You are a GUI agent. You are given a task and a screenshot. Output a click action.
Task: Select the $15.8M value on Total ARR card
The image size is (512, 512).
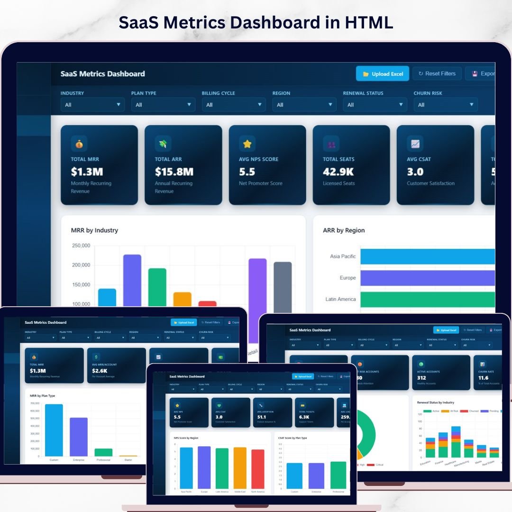[174, 172]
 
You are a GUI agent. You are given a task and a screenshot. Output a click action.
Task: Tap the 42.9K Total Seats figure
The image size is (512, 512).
[338, 172]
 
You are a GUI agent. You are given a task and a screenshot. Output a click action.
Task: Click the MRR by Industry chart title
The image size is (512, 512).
[94, 230]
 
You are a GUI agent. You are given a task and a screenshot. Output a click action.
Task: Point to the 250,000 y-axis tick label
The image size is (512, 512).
[81, 246]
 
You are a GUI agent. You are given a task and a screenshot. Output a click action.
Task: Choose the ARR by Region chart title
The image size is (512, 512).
[344, 230]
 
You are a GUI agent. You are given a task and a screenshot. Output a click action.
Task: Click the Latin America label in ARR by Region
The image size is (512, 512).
[340, 299]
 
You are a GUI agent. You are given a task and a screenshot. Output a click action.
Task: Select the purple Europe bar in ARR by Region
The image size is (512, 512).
[427, 278]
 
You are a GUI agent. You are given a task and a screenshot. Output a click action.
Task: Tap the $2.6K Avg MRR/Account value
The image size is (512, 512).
[100, 371]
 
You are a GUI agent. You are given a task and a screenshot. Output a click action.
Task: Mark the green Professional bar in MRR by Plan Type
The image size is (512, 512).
[103, 452]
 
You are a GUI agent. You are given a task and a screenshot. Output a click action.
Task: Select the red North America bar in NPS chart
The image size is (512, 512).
[258, 469]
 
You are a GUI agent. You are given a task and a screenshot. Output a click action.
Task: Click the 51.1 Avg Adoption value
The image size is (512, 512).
[262, 417]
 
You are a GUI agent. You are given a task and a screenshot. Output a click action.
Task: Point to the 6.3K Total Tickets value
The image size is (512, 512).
[304, 417]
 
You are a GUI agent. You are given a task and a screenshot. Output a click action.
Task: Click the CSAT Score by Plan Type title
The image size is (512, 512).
[293, 438]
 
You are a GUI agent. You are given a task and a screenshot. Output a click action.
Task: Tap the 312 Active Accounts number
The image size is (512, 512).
[421, 378]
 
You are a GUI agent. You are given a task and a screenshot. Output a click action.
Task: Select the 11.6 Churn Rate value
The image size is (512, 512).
[484, 378]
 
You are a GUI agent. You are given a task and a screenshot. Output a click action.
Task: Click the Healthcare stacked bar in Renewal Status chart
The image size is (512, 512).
[456, 442]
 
